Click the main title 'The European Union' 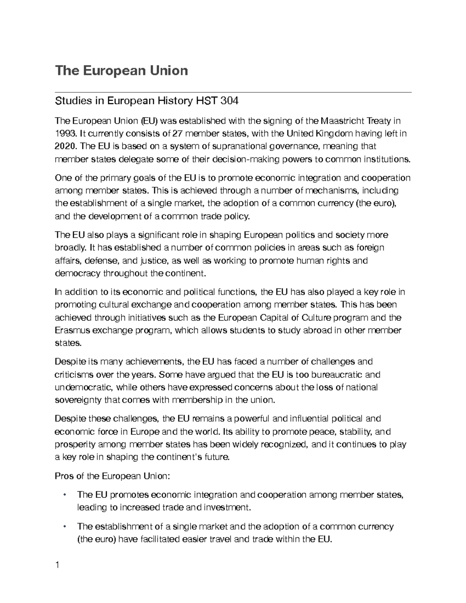coord(122,71)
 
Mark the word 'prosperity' coord(74,444)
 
